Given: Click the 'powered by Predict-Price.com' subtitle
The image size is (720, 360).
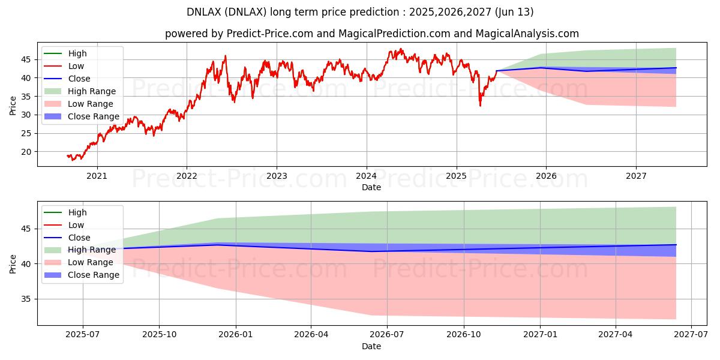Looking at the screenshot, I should click(x=371, y=34).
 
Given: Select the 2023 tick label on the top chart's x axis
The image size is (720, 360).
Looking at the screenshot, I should click(x=276, y=176).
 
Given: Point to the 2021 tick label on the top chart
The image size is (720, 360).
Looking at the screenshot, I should click(x=97, y=176).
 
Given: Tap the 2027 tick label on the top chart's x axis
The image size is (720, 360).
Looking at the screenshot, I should click(x=635, y=176).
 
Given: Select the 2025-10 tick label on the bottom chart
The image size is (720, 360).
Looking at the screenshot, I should click(x=159, y=335).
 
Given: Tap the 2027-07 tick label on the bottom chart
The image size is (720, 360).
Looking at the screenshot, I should click(x=691, y=335).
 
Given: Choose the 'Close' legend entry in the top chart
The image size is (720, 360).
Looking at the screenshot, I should click(x=79, y=79).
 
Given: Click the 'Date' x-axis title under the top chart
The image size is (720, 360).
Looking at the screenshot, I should click(x=371, y=187).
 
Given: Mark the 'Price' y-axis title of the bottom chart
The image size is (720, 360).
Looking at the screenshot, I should click(x=13, y=263).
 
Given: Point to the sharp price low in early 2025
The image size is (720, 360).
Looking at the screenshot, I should click(x=479, y=106).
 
